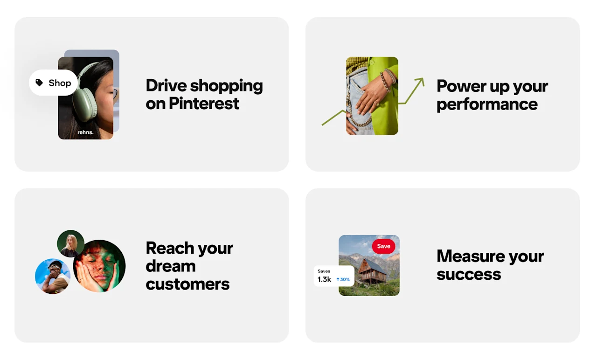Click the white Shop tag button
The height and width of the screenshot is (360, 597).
pyautogui.click(x=54, y=83)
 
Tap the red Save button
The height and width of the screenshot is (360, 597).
pyautogui.click(x=383, y=246)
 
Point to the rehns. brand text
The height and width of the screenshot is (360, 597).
pyautogui.click(x=85, y=132)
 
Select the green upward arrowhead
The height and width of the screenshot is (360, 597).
pyautogui.click(x=419, y=82)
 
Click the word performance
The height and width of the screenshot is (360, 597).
pyautogui.click(x=487, y=104)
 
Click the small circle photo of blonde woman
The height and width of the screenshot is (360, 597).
pyautogui.click(x=71, y=243)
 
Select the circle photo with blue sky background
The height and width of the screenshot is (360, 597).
pyautogui.click(x=52, y=276)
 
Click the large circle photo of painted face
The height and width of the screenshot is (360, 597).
pyautogui.click(x=99, y=266)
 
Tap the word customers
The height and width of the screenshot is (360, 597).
pyautogui.click(x=187, y=284)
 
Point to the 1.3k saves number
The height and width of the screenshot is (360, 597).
pyautogui.click(x=324, y=279)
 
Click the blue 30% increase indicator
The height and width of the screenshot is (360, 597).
pyautogui.click(x=343, y=279)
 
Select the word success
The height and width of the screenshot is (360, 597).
pyautogui.click(x=469, y=274)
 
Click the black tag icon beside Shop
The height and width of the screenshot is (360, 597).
pyautogui.click(x=40, y=83)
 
